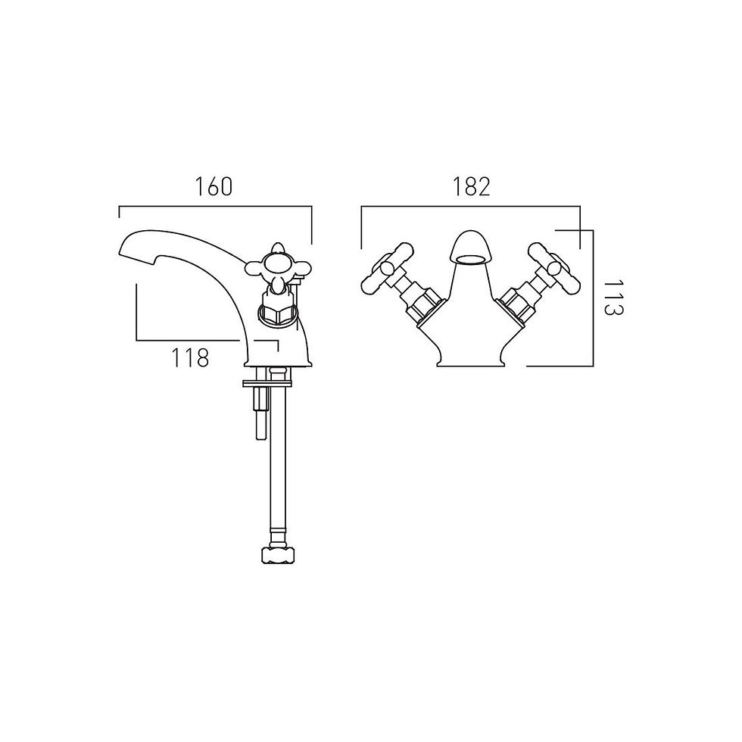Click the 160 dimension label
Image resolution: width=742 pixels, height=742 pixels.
click(x=214, y=186)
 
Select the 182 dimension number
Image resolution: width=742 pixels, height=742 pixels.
click(x=471, y=186)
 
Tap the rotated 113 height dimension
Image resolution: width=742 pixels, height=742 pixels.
click(x=614, y=298)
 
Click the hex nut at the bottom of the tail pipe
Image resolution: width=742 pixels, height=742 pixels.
click(x=279, y=554)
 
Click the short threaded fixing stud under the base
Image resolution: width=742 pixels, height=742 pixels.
click(x=260, y=412)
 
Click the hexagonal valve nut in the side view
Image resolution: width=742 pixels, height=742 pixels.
click(x=277, y=313)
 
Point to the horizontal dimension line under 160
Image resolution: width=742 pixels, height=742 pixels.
click(x=215, y=206)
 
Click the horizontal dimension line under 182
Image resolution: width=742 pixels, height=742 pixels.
click(x=470, y=206)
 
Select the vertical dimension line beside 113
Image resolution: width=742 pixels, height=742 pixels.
click(x=592, y=298)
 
